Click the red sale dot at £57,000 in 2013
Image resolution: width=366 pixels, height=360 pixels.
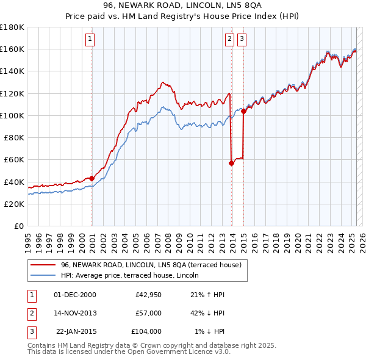point(232,163)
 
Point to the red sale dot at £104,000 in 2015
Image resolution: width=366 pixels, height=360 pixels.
point(243,111)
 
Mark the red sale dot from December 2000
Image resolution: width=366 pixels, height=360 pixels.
point(92,178)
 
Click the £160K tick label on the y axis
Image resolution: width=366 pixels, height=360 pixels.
point(12,49)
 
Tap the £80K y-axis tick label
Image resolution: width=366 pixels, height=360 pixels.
point(14,137)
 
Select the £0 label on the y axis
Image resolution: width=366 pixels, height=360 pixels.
point(18,226)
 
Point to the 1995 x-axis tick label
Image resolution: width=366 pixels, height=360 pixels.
point(28,238)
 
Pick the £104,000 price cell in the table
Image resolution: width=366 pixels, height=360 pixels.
point(146,331)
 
